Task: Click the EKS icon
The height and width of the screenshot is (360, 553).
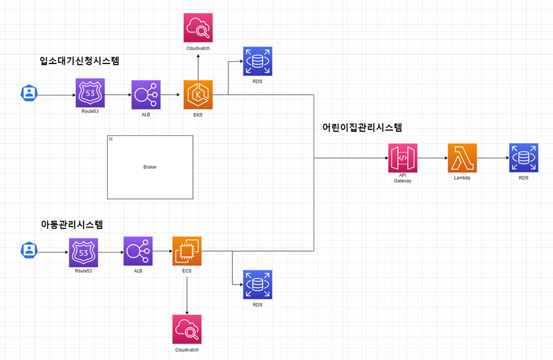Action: pos(198,95)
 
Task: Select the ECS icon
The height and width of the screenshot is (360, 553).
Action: pos(187,251)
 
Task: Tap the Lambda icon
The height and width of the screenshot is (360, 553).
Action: pos(462,158)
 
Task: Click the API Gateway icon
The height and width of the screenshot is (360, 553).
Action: pos(402,158)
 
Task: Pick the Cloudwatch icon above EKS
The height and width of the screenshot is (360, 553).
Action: pos(198,27)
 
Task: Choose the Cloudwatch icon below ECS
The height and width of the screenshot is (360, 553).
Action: pos(187,329)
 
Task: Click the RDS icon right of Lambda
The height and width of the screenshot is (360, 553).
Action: pos(524,158)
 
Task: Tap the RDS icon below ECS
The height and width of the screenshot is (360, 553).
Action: pos(258,285)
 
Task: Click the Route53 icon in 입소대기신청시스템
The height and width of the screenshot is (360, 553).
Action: pos(90,93)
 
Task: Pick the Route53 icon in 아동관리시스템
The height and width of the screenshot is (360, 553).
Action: pos(83,252)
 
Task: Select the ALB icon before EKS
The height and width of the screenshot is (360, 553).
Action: pos(146,95)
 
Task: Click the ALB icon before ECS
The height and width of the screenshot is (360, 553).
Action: pos(138,251)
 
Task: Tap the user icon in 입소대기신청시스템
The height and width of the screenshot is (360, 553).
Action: pos(28,93)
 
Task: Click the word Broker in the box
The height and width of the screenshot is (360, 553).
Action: pos(150,167)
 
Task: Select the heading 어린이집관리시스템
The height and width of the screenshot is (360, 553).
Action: pos(362,127)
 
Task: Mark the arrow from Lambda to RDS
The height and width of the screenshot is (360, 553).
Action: pos(492,158)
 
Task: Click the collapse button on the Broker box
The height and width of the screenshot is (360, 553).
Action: pos(111,138)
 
